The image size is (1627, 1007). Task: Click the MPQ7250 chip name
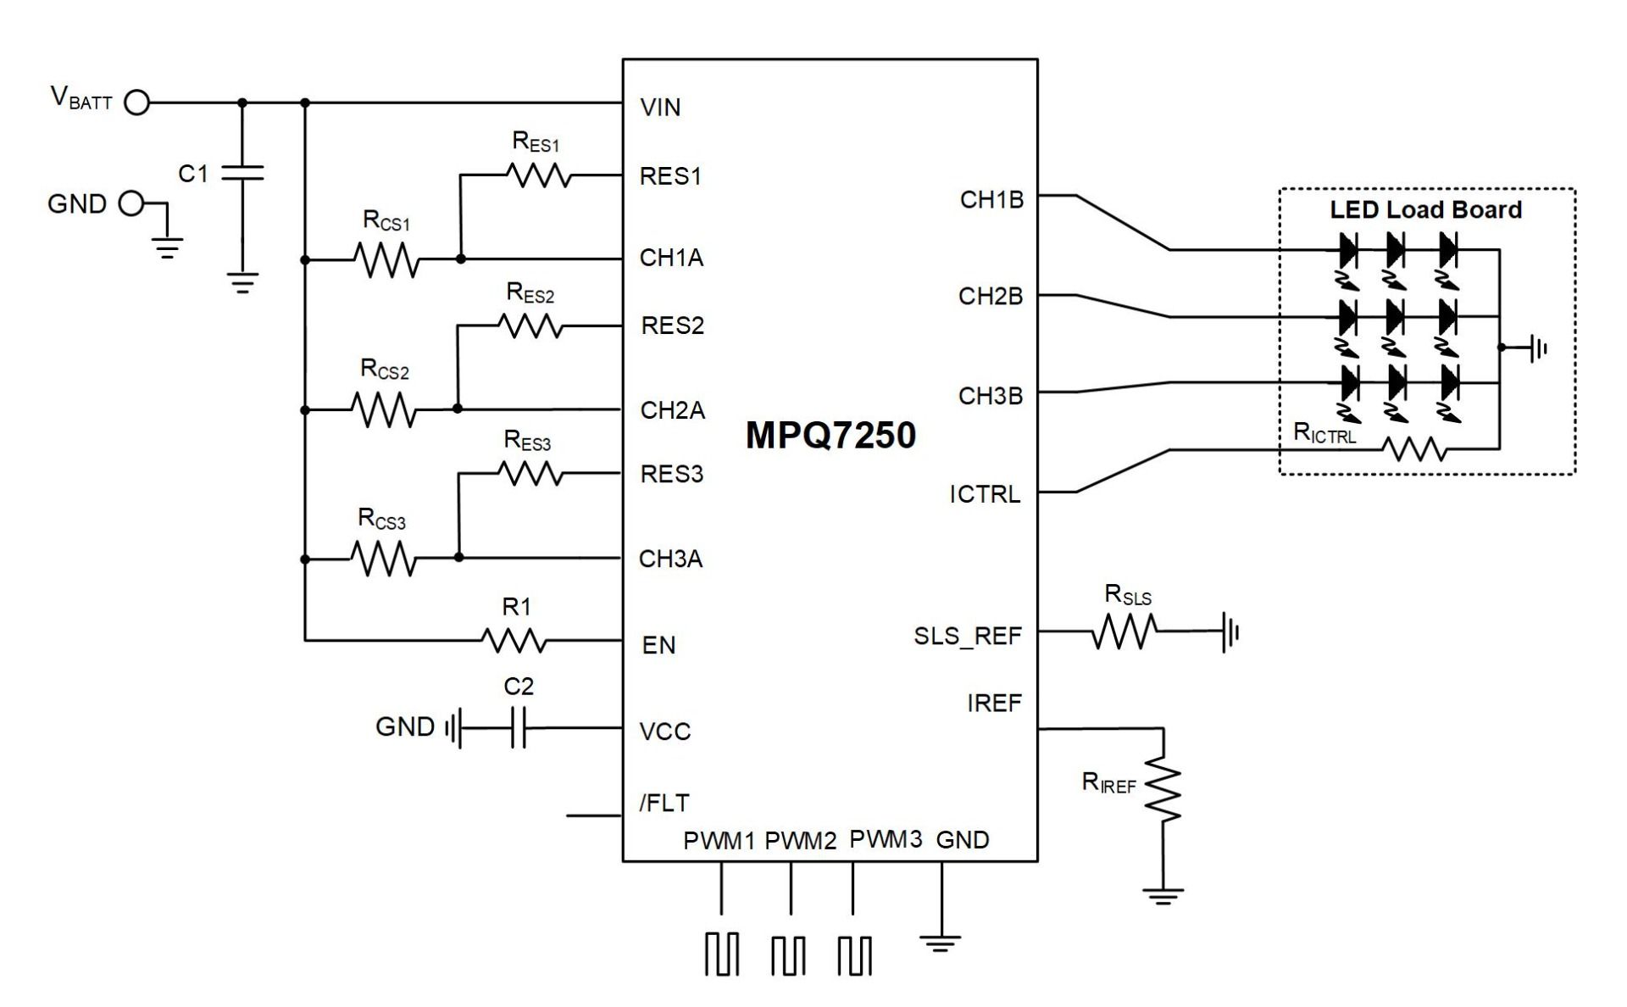point(830,435)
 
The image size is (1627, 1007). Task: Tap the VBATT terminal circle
point(136,103)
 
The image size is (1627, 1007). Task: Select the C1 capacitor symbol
point(242,173)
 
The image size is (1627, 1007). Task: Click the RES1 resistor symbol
point(539,176)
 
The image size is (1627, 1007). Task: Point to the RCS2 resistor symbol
point(384,409)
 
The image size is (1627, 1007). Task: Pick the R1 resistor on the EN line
point(514,641)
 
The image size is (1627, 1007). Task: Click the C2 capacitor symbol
point(519,728)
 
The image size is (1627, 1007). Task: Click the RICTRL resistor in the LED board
point(1414,448)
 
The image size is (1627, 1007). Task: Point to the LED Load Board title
point(1426,210)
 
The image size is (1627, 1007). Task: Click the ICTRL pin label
point(985,494)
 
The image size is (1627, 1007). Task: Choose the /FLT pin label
point(664,803)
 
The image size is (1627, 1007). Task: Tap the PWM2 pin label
point(801,841)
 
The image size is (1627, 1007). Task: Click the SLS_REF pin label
point(968,637)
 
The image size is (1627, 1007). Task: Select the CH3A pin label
point(671,559)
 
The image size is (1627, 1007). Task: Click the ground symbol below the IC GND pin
point(941,943)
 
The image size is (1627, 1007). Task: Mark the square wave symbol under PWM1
point(721,954)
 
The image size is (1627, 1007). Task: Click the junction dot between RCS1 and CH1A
point(461,259)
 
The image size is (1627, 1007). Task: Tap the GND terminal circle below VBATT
point(130,203)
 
